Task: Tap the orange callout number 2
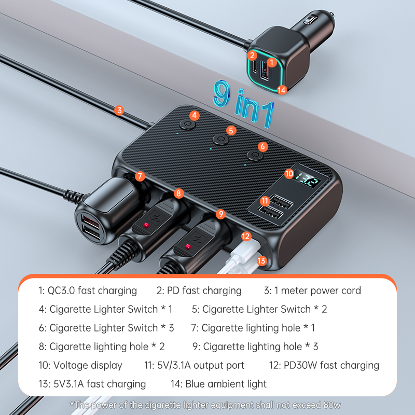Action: click(x=252, y=54)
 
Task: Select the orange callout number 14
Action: click(x=282, y=90)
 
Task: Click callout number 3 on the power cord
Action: click(x=119, y=110)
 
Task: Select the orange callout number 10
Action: click(x=289, y=174)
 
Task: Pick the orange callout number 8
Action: click(x=179, y=193)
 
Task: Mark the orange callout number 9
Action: click(x=221, y=213)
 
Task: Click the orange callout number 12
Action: click(x=246, y=236)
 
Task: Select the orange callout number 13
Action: click(x=261, y=260)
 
